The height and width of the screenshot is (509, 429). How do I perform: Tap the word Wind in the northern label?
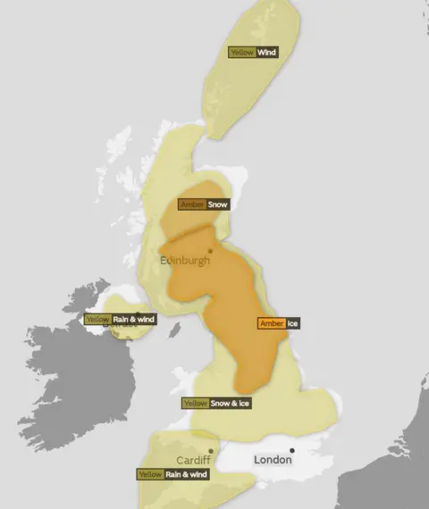(x=266, y=53)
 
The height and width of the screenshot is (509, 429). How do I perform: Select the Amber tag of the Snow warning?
(x=192, y=204)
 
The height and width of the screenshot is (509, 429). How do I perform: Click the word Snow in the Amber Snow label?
(x=218, y=204)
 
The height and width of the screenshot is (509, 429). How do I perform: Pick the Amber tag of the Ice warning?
(x=271, y=323)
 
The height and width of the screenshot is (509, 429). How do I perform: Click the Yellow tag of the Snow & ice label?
(x=196, y=404)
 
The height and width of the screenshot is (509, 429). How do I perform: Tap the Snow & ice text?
(x=230, y=404)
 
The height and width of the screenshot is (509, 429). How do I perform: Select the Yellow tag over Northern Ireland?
(x=97, y=320)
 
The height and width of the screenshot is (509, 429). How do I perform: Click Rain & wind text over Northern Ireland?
(x=133, y=320)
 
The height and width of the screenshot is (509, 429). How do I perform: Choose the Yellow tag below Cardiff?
(x=150, y=474)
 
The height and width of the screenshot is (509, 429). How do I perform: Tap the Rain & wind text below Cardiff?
(x=186, y=474)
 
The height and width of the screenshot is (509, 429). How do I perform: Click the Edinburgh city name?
(x=185, y=261)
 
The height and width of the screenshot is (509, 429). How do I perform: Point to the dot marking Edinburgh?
(x=210, y=251)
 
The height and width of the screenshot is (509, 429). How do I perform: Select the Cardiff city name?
(x=193, y=461)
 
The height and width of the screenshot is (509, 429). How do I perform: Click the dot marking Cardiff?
(x=210, y=451)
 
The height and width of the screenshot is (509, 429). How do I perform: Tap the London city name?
(x=273, y=461)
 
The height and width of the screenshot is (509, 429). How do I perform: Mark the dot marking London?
(x=291, y=450)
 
